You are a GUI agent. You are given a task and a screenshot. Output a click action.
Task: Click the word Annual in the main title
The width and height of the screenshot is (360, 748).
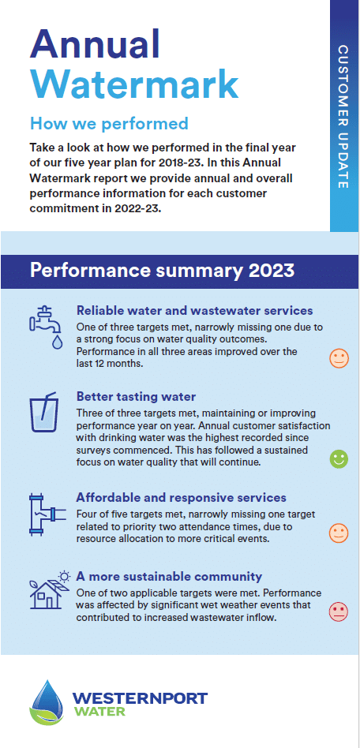(95, 43)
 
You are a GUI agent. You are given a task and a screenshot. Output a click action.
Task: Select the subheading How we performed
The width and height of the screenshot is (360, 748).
(109, 124)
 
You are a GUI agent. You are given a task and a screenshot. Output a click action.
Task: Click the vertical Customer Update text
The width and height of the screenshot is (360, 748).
(343, 117)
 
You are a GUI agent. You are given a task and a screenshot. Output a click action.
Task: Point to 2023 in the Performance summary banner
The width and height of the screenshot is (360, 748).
(271, 271)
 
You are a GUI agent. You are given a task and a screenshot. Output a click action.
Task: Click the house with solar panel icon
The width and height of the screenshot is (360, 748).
(50, 590)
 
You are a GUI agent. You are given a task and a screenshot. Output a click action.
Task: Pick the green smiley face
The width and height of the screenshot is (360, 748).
(339, 459)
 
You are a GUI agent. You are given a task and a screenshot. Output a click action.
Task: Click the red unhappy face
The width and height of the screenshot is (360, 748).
(339, 612)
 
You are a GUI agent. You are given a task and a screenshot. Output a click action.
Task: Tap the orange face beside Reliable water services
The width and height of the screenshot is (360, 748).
(339, 358)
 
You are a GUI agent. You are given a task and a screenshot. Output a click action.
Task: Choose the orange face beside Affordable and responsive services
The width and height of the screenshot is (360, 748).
(339, 533)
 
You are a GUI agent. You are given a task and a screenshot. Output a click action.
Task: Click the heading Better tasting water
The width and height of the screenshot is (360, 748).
(136, 397)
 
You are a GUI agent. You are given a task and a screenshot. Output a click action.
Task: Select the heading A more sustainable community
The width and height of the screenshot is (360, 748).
(169, 577)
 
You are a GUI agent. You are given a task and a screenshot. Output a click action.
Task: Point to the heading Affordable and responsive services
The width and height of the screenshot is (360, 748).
(181, 498)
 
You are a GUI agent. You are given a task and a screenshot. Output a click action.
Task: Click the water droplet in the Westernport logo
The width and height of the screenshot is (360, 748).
(47, 701)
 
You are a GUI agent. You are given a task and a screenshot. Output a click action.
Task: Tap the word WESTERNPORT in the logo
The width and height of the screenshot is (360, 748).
(140, 698)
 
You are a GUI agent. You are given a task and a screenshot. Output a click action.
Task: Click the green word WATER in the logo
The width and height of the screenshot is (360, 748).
(99, 712)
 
